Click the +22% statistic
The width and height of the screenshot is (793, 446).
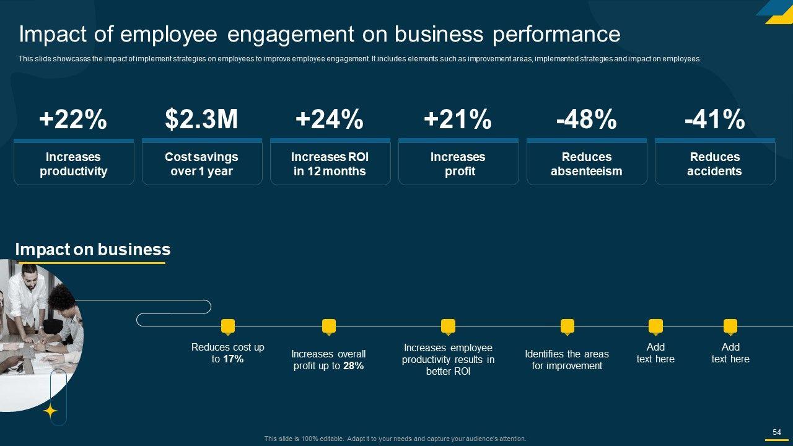click(73, 119)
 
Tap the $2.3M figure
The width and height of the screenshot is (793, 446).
click(201, 119)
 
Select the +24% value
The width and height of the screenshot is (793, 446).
click(330, 119)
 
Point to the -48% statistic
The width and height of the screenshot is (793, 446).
click(586, 119)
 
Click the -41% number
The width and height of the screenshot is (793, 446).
click(714, 119)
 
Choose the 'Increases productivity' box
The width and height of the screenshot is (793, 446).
click(74, 164)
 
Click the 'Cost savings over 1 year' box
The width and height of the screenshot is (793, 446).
click(202, 164)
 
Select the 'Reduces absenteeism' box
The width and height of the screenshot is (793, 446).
click(587, 164)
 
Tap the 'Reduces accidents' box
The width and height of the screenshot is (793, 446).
click(715, 164)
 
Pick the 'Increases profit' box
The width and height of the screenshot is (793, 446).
click(458, 164)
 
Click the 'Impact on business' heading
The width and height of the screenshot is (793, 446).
click(92, 250)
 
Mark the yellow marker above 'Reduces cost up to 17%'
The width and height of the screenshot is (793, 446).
click(228, 326)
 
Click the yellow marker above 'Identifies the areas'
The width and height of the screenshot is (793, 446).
click(567, 326)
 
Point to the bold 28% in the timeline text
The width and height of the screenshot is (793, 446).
click(353, 366)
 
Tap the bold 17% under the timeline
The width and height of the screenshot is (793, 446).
click(233, 359)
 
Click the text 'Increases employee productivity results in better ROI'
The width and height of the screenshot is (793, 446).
click(448, 360)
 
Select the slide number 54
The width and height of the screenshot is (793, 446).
click(776, 432)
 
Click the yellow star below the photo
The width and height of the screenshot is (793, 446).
click(50, 411)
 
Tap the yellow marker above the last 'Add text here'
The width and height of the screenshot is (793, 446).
click(730, 326)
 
